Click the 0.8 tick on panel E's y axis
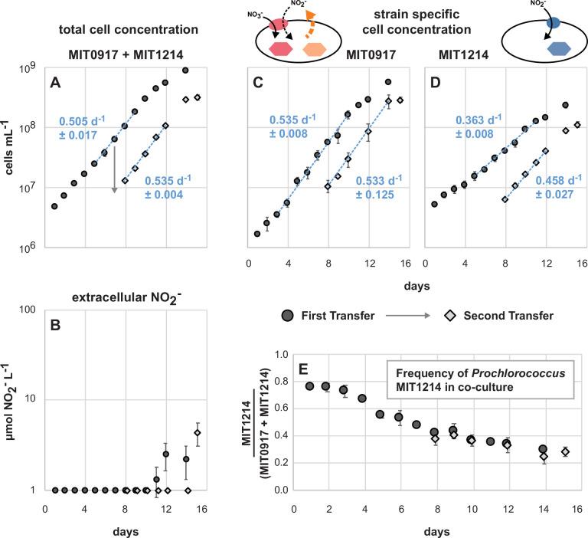(x=278, y=382)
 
